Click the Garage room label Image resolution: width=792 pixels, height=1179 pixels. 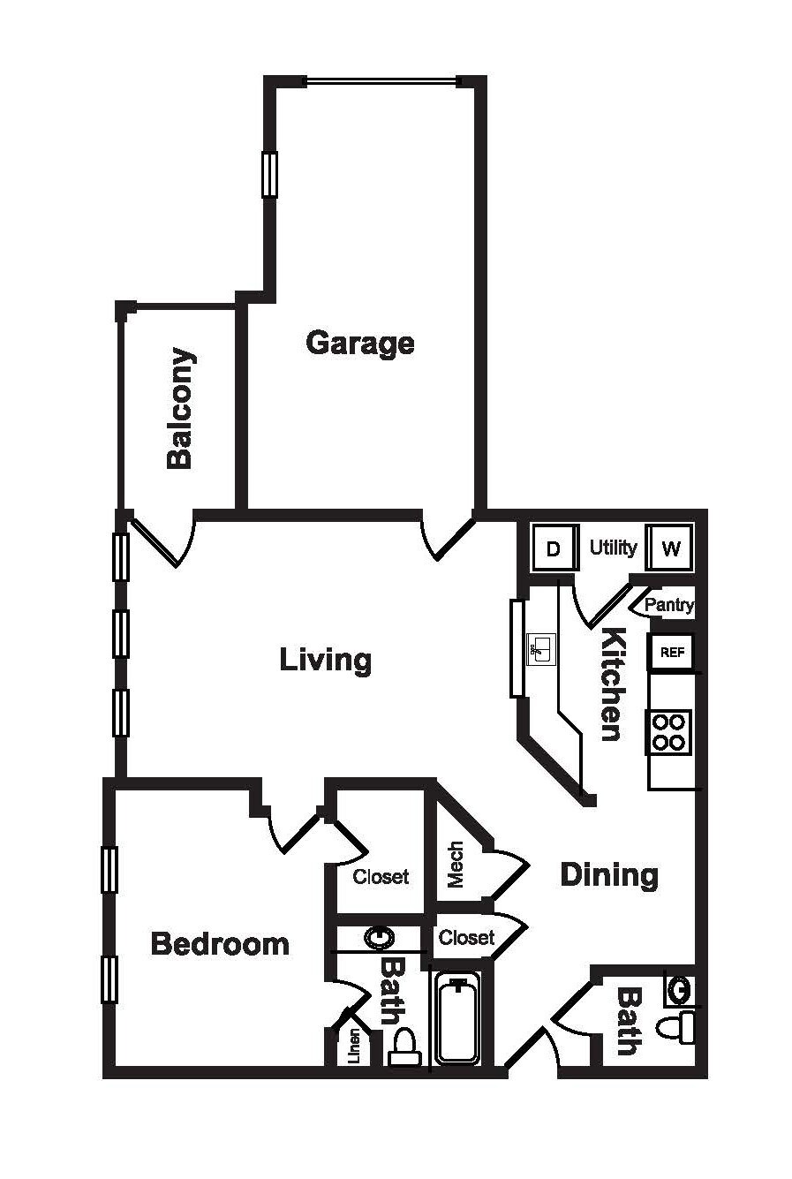point(359,343)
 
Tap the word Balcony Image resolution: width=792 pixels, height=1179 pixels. point(180,408)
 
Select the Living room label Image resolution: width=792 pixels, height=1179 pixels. point(325,660)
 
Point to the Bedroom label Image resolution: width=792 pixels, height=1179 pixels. point(220,944)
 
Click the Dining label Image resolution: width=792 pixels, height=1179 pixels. point(609,875)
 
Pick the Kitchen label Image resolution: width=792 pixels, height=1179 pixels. point(611,684)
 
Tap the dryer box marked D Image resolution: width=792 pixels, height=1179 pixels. point(553,549)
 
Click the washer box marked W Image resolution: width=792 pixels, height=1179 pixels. point(670,548)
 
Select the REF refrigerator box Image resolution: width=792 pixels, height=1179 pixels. point(671,653)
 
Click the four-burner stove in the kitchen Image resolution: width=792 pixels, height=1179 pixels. point(669,731)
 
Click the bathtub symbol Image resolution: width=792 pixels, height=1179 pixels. point(456,1020)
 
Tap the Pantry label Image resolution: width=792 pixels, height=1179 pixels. point(668,606)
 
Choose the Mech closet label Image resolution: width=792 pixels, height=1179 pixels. point(456,865)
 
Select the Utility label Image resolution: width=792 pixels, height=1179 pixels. point(613,548)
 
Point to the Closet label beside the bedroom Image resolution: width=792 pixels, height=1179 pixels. point(381,877)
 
